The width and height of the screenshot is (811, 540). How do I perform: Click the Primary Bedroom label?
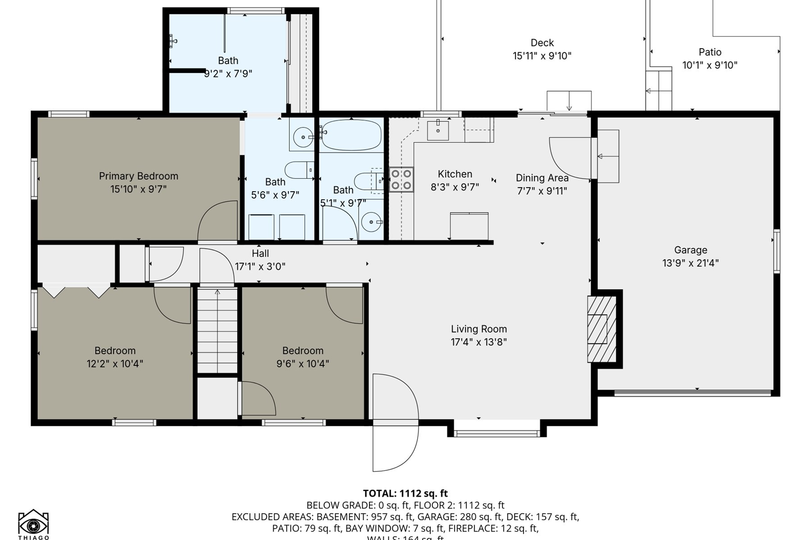click(138, 176)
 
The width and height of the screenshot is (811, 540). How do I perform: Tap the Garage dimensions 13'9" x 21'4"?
click(690, 263)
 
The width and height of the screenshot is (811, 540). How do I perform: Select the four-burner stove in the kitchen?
click(401, 179)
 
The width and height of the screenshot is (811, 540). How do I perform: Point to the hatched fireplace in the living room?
click(601, 329)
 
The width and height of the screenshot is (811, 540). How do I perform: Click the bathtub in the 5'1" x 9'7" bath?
click(351, 135)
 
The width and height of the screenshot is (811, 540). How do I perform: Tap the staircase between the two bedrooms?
click(217, 331)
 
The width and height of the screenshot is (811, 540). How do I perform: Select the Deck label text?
click(542, 43)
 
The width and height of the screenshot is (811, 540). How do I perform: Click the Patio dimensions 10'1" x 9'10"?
click(710, 65)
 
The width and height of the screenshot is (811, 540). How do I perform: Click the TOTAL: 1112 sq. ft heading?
click(405, 493)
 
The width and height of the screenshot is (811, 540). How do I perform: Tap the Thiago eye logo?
click(33, 524)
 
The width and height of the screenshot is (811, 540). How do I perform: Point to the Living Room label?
click(478, 329)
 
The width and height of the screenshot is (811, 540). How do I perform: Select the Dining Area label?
click(542, 178)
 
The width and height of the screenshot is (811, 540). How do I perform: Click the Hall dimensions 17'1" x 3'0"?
click(260, 266)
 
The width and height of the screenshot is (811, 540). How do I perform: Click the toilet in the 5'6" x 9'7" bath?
click(299, 170)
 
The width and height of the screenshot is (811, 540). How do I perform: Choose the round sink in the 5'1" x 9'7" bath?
click(371, 222)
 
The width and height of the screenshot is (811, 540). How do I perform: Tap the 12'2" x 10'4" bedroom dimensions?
click(115, 364)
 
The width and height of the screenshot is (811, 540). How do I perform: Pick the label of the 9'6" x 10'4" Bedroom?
click(303, 351)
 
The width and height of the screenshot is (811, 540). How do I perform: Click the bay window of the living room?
click(497, 433)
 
